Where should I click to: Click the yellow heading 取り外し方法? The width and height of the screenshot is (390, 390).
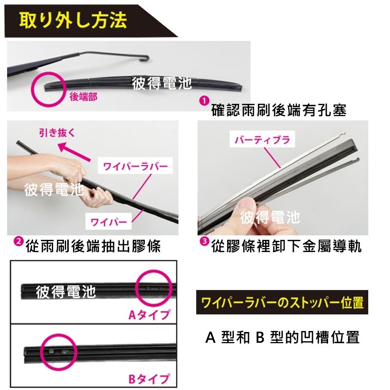coord(73,20)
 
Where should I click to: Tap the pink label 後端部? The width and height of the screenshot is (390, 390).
coord(83,97)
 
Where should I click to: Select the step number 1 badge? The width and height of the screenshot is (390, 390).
coord(204,100)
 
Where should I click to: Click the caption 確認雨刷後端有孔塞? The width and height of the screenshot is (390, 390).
coord(279,111)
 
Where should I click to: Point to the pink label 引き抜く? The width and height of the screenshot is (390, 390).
coord(58,132)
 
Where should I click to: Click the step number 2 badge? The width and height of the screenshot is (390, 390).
coord(18,241)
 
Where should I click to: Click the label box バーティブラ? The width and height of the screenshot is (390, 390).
coord(262,140)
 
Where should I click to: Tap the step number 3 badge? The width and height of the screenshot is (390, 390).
coord(204,241)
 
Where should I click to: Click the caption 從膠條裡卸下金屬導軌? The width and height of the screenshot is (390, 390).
coord(287,247)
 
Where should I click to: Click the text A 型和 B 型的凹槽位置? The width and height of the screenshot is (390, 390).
coord(282,337)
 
